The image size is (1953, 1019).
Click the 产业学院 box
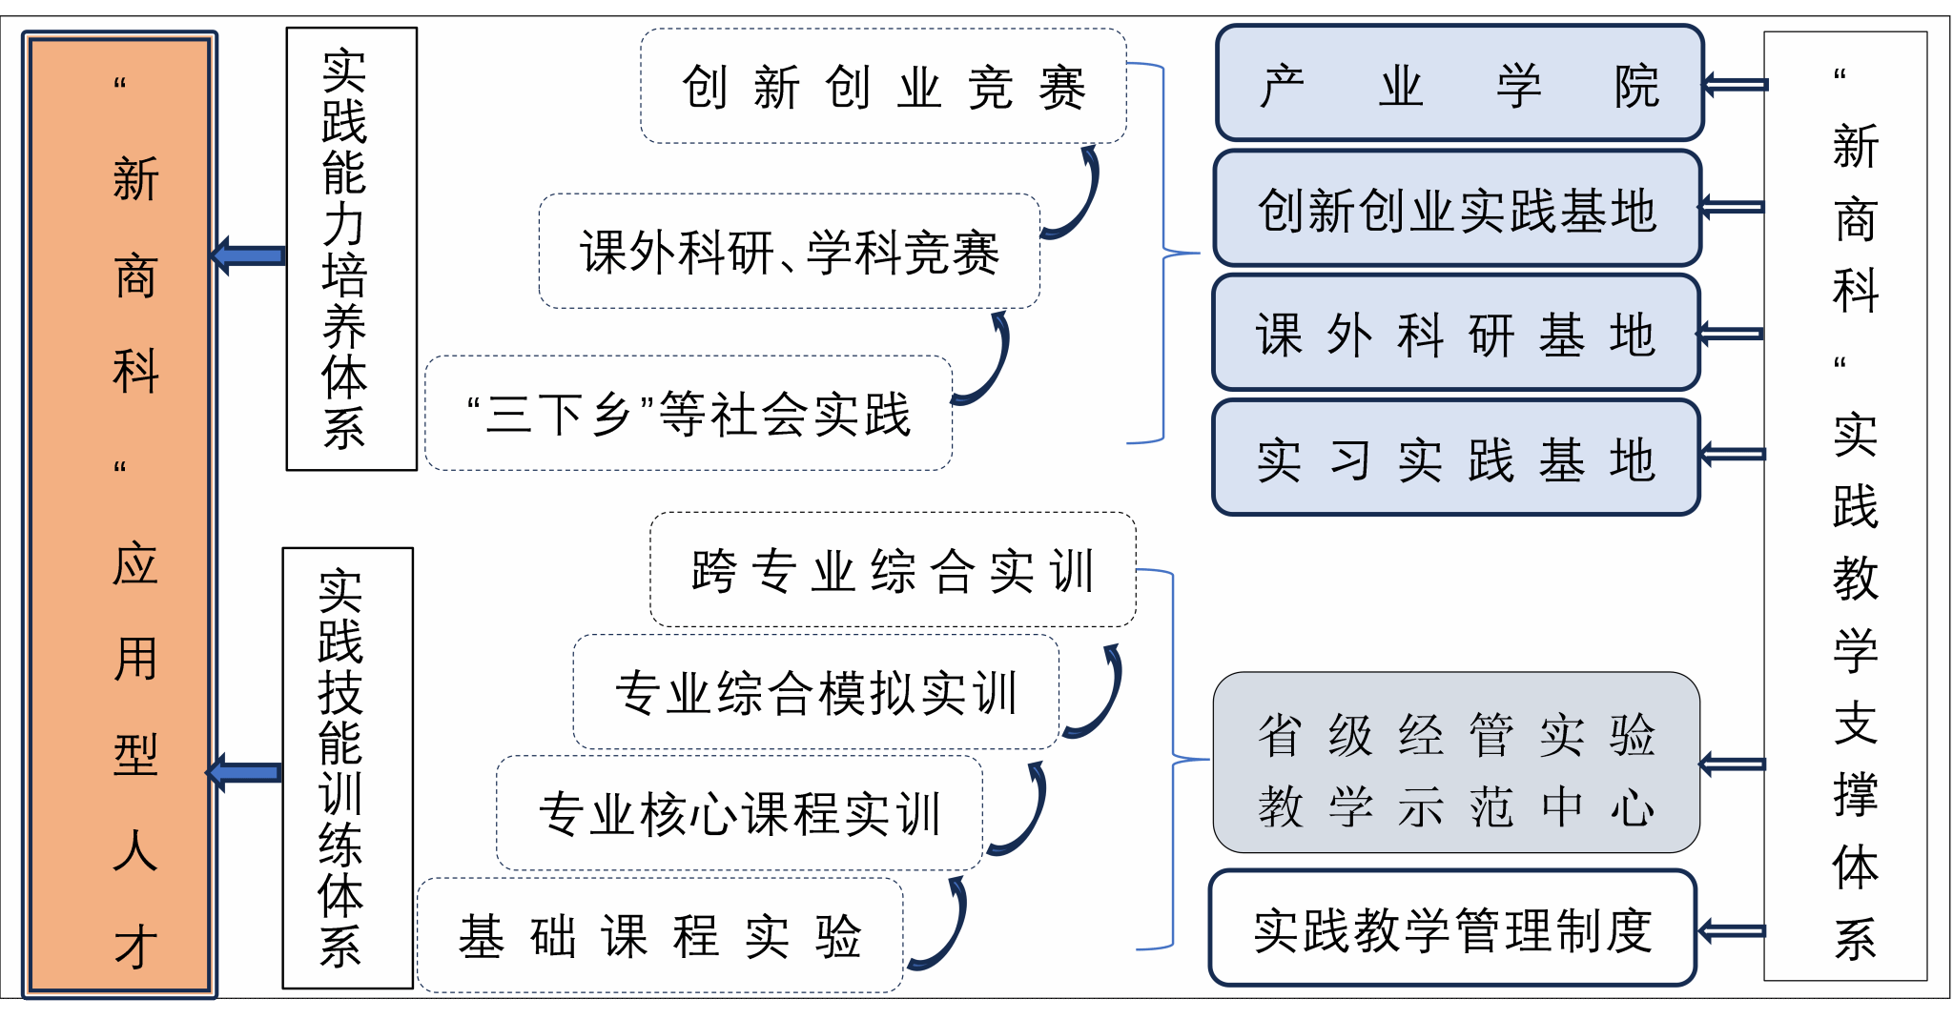(1459, 84)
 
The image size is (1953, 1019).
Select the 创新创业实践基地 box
(1457, 208)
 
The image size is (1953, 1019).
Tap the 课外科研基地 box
(1455, 333)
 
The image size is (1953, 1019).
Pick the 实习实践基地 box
(1455, 458)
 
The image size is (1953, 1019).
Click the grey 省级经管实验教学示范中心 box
(1455, 763)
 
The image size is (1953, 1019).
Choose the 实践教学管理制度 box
(1451, 928)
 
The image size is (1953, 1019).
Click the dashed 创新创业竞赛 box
(883, 86)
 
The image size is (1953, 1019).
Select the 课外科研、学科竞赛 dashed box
(789, 251)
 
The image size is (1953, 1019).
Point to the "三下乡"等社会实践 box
(688, 413)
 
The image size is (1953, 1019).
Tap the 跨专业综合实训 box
(893, 569)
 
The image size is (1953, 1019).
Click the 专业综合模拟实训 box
(815, 691)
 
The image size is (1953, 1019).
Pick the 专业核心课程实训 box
(739, 812)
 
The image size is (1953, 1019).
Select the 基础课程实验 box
(660, 935)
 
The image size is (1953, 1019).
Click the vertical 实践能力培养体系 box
(351, 249)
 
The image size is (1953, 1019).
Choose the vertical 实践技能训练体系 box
(347, 768)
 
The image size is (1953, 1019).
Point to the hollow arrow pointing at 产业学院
(1735, 85)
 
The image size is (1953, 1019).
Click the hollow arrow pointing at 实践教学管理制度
(1731, 931)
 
